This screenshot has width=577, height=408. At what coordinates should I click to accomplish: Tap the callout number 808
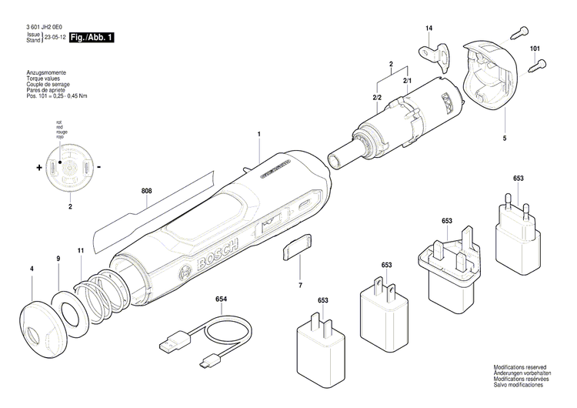(x=146, y=190)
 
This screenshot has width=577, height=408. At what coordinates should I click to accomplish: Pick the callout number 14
(x=429, y=29)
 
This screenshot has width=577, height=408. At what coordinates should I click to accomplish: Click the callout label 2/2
(x=377, y=98)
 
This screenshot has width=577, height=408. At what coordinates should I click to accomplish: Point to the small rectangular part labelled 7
(x=298, y=247)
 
